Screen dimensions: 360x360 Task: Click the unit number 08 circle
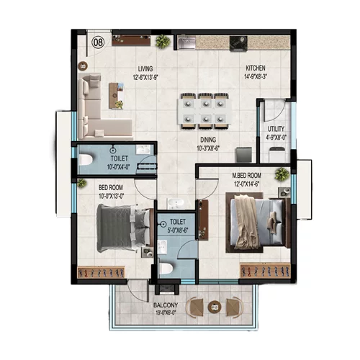coord(98,42)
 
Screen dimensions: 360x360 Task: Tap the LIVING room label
coord(147,69)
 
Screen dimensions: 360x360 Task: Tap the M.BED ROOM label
coord(246,176)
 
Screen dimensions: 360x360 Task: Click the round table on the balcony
coord(214,307)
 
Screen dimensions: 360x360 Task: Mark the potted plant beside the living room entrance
coord(162,42)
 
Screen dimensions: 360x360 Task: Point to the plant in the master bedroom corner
coord(282,173)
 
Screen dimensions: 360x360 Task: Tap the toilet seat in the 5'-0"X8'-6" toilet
coord(167,269)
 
